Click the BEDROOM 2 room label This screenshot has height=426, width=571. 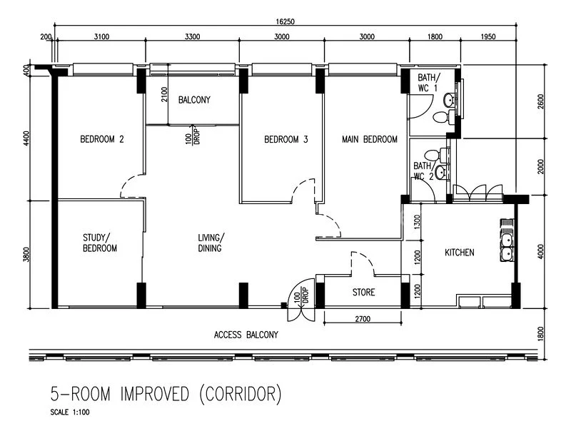(x=101, y=139)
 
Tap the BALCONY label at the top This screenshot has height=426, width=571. (x=194, y=100)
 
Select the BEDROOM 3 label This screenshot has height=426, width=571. (x=285, y=139)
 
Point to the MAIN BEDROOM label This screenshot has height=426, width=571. (x=369, y=139)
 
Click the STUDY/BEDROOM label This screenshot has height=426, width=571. (x=99, y=243)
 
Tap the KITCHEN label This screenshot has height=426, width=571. (x=460, y=253)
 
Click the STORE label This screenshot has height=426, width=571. (x=363, y=293)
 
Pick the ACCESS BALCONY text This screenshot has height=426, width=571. (x=246, y=335)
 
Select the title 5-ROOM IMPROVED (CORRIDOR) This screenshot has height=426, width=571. (x=166, y=393)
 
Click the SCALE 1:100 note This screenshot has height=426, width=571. (x=70, y=412)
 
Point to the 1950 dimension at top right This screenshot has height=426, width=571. (x=488, y=36)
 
